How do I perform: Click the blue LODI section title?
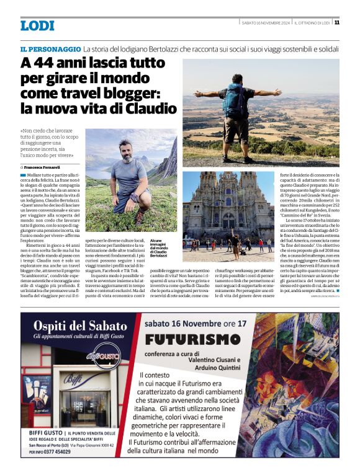[37, 25]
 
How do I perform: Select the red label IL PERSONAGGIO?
[50, 48]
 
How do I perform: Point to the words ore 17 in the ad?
[233, 323]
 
